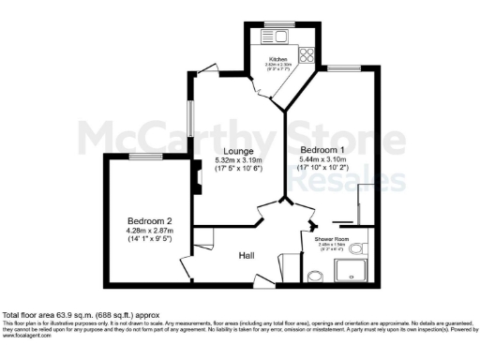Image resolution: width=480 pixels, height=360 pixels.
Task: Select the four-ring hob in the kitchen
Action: pyautogui.click(x=307, y=53)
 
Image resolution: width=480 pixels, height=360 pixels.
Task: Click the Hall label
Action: pyautogui.click(x=247, y=254)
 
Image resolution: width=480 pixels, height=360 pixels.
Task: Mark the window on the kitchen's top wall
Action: pyautogui.click(x=277, y=22)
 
